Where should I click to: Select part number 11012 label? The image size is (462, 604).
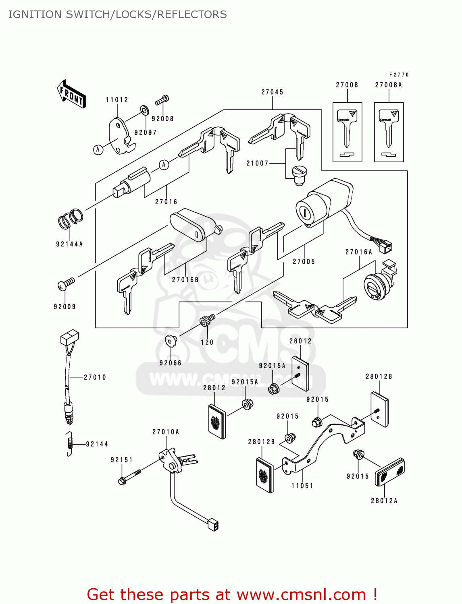click(117, 100)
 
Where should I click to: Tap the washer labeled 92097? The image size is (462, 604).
click(144, 110)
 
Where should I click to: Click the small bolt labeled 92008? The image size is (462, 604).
click(162, 99)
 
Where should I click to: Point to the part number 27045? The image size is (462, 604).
click(272, 92)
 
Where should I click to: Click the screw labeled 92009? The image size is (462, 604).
click(66, 284)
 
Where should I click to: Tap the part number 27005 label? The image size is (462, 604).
click(304, 262)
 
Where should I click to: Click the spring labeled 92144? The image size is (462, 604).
click(70, 444)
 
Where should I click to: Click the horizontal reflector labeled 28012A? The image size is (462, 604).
click(389, 472)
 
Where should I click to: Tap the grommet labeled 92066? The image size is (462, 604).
click(171, 341)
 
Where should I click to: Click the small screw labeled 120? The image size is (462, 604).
click(207, 320)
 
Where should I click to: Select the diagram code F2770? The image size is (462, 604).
click(399, 75)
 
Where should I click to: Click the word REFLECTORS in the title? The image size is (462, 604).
click(192, 14)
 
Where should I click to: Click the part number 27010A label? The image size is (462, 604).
click(165, 432)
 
